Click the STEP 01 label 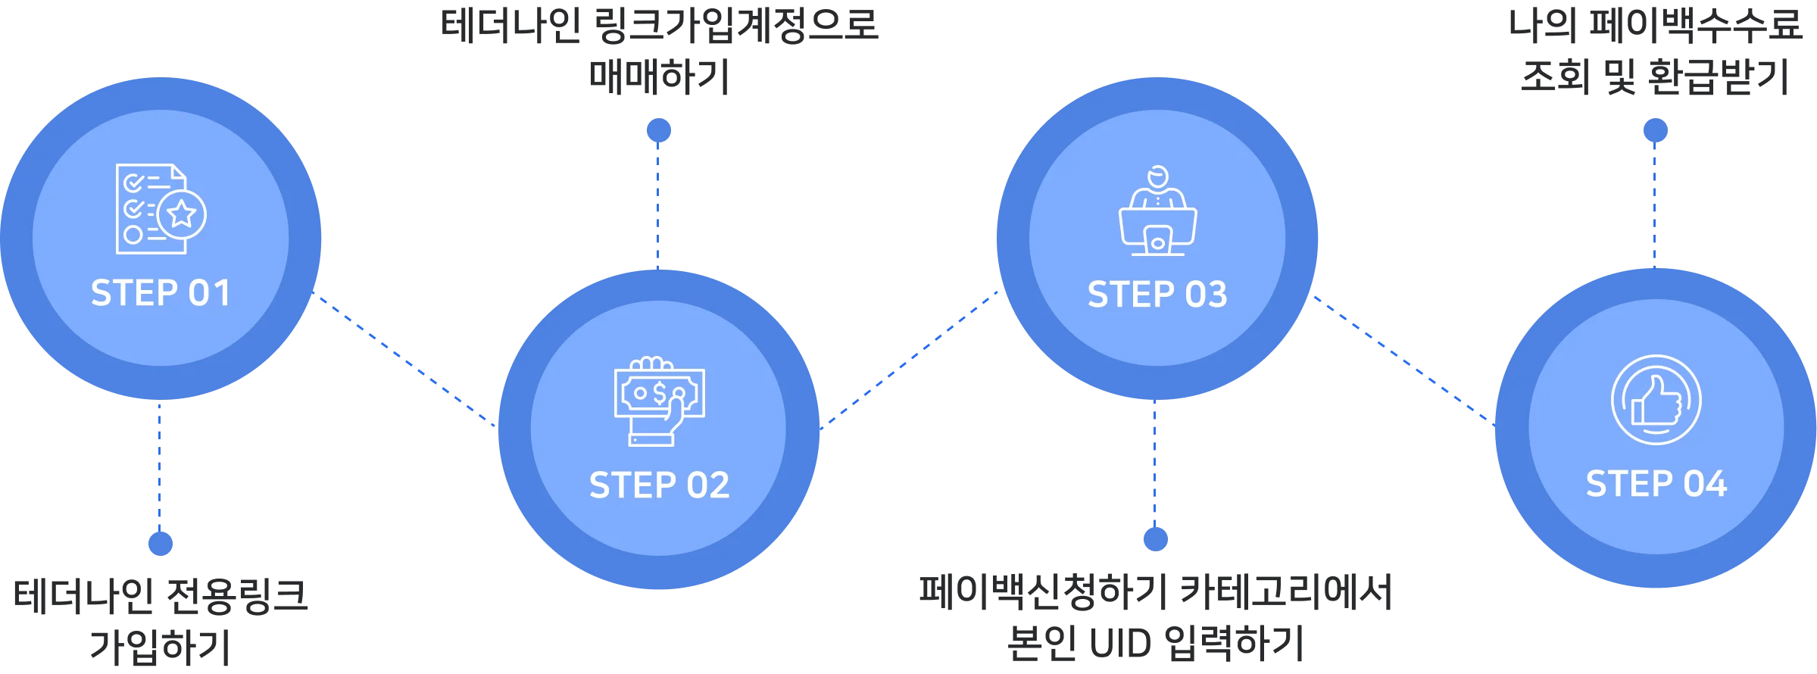[160, 293]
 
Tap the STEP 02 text [659, 485]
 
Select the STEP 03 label [1157, 295]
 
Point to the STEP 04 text [1656, 483]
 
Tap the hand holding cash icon [659, 401]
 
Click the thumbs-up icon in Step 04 [1656, 401]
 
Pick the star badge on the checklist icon [182, 215]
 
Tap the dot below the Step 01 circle [160, 542]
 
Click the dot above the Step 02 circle [657, 130]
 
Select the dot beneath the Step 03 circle [1154, 538]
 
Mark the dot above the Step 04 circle [1656, 130]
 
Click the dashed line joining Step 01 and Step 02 [405, 360]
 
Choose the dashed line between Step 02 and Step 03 [909, 357]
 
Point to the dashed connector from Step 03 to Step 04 [1401, 356]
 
